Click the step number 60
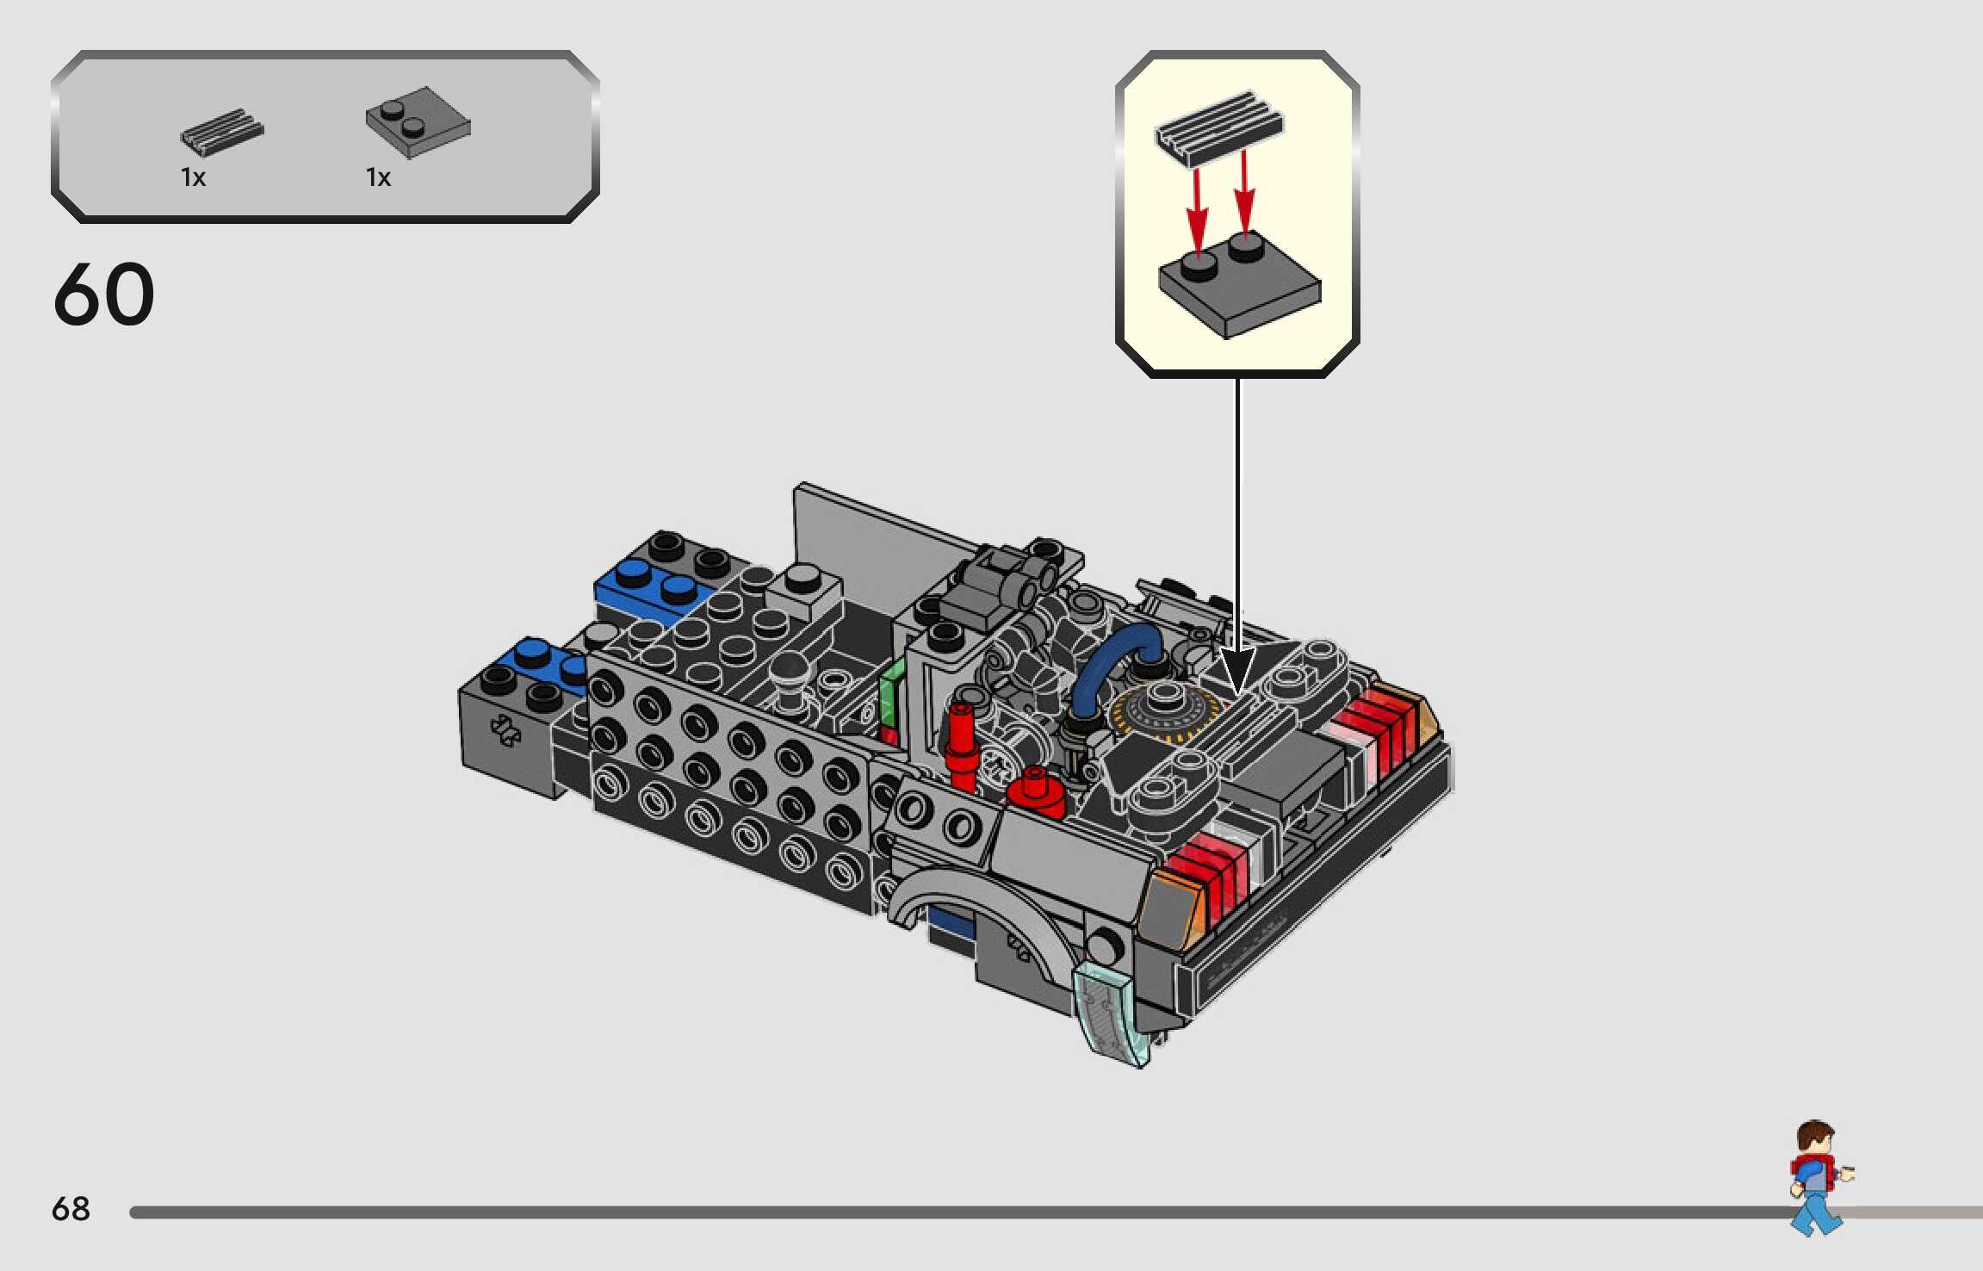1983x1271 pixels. click(104, 294)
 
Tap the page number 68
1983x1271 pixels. click(71, 1209)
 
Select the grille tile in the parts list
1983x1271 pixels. click(221, 133)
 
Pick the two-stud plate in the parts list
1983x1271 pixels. click(418, 123)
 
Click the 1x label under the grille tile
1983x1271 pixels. click(193, 177)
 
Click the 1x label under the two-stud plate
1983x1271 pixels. click(378, 177)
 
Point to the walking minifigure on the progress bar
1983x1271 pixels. click(1818, 1176)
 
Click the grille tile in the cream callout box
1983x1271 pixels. click(1218, 127)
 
